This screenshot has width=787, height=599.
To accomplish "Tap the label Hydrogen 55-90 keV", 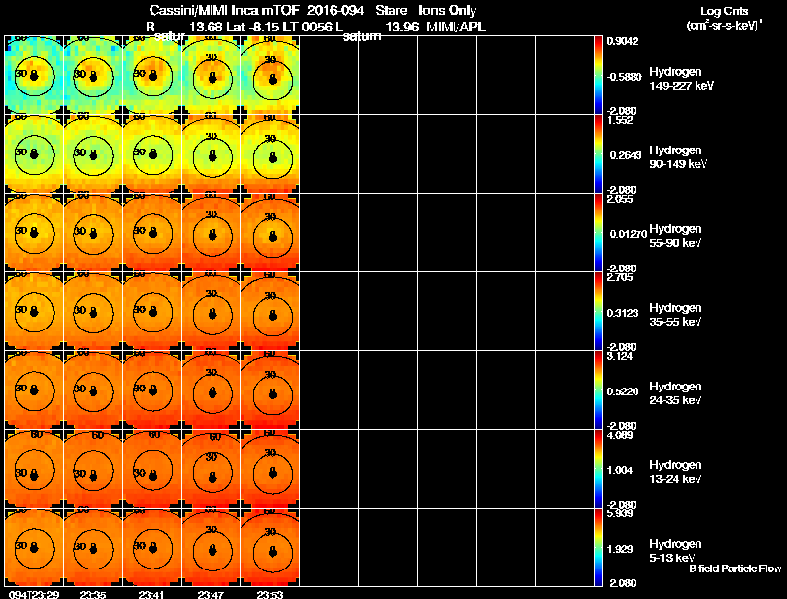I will coord(676,235).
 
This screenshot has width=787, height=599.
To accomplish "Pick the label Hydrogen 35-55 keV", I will coord(676,314).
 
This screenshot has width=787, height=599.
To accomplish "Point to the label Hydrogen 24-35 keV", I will coord(676,392).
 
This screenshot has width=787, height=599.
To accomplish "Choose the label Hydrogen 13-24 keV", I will coord(676,471).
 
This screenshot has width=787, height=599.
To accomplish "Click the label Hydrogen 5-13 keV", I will coord(675,550).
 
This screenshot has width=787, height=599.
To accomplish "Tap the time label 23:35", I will coord(92,594).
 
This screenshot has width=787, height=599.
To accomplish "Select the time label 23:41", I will coord(151,594).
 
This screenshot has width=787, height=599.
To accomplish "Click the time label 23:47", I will coord(211,594).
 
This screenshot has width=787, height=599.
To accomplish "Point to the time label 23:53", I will coord(270,594).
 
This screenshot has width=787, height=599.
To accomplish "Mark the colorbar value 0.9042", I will coord(624,41).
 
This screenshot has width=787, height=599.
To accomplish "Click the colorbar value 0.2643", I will coord(624,154).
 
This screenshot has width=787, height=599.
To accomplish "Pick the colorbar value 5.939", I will coord(622,513).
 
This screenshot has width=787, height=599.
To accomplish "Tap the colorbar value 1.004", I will coord(623,469).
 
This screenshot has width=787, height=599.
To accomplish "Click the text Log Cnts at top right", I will coord(724,11).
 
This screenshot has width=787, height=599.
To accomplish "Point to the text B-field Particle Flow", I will coord(734,569).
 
